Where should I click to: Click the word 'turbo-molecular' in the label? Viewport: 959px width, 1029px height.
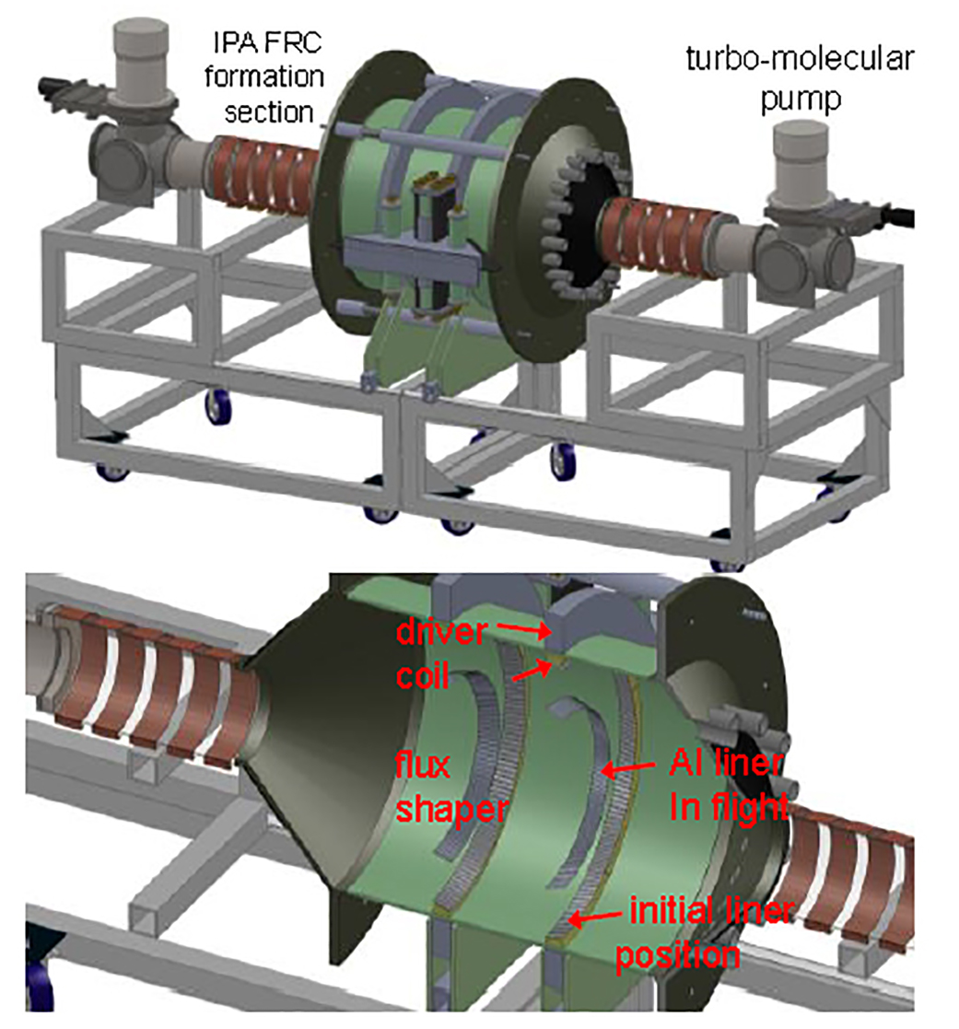(x=800, y=59)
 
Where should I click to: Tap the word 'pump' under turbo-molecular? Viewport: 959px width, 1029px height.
(x=801, y=100)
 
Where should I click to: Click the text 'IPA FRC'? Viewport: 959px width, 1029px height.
(x=267, y=43)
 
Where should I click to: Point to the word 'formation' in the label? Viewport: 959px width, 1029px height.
(x=263, y=76)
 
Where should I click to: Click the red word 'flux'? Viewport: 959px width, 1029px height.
(x=423, y=766)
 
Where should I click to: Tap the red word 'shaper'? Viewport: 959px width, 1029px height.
(x=451, y=810)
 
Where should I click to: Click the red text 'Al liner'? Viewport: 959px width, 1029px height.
(x=726, y=763)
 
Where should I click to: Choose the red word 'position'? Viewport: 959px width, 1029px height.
(x=677, y=956)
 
